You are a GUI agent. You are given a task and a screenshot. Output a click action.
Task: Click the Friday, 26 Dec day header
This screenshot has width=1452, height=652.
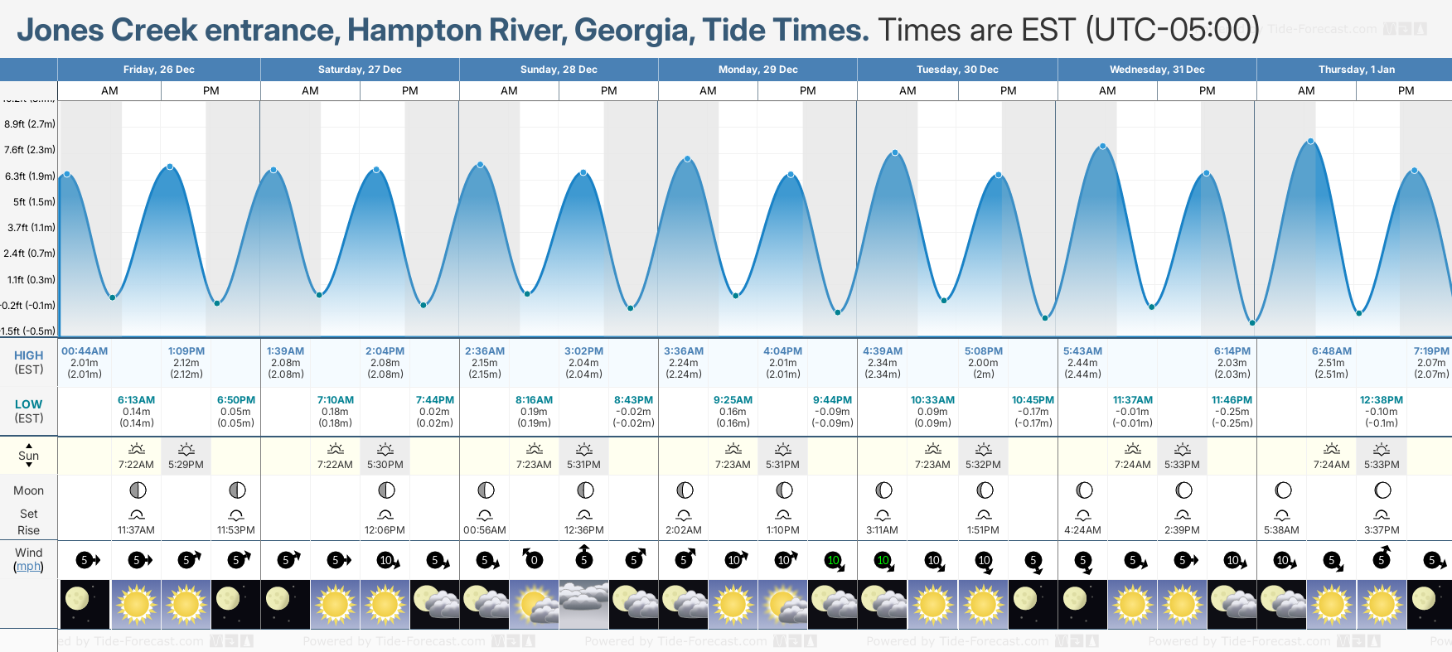(x=158, y=70)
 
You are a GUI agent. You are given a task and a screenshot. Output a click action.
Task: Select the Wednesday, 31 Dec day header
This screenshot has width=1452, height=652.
(x=1157, y=70)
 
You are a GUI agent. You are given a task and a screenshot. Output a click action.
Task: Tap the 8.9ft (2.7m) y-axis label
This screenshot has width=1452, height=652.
(x=30, y=124)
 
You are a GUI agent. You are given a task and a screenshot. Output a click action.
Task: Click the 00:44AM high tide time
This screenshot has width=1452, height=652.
(x=85, y=351)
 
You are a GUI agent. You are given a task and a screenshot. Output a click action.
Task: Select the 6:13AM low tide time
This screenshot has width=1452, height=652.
(x=136, y=400)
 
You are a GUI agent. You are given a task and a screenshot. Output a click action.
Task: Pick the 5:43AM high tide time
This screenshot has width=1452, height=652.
(x=1082, y=351)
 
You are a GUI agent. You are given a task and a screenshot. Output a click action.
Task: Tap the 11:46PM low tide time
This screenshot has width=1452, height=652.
(x=1232, y=400)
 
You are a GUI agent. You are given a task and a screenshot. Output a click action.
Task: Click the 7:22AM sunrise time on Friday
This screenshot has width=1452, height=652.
(x=136, y=465)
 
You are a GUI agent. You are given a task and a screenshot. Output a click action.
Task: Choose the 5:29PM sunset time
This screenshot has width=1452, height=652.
(x=186, y=465)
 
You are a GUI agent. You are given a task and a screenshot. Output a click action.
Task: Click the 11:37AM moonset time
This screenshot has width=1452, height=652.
(x=136, y=530)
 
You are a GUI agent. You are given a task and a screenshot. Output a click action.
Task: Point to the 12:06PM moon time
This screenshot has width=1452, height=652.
(x=385, y=530)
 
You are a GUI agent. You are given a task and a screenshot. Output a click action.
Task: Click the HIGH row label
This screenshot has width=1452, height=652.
(x=28, y=355)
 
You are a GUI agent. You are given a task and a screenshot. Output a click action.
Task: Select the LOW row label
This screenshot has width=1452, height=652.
(x=28, y=404)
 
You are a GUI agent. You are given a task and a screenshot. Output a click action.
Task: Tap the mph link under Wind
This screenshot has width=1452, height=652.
(x=28, y=567)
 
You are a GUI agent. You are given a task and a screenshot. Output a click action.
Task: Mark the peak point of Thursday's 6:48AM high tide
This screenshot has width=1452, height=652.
(x=1310, y=142)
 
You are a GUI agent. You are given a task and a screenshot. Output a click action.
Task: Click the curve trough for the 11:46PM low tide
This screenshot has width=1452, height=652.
(x=1252, y=323)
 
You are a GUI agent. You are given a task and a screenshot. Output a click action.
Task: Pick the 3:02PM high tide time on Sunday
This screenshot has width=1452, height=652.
(x=583, y=351)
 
